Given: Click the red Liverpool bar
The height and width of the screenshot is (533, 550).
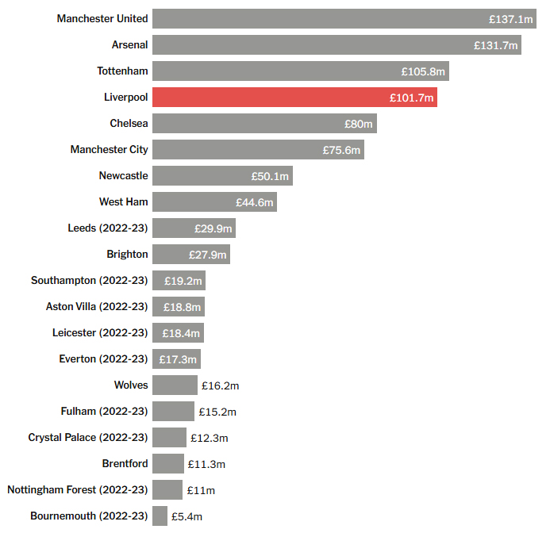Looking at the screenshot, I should coord(294,98).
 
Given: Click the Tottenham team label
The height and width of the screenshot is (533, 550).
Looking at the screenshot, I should coord(122,71).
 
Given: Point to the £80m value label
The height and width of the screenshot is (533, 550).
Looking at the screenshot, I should coord(359,124).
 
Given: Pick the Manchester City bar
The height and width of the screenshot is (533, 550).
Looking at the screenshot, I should coord(258,150).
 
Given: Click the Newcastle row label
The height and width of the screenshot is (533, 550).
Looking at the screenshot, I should coord(123,175).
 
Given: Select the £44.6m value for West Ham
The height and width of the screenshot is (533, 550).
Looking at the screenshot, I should coord(255,202).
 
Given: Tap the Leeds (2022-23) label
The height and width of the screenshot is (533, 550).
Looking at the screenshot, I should coord(108,228).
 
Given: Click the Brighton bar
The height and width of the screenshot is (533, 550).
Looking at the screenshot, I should coord(190,255).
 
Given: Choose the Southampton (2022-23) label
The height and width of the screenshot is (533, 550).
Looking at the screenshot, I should coord(89,281).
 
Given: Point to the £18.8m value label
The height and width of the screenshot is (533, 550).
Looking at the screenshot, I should coord(183,307).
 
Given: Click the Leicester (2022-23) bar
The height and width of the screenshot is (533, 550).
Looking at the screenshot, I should coord(178,333).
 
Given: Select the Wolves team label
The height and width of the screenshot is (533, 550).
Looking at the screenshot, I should coord(131,385).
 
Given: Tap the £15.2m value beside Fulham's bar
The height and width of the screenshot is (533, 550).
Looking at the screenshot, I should coord(218,412).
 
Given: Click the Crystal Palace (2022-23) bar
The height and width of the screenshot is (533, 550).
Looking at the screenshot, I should coord(169,438).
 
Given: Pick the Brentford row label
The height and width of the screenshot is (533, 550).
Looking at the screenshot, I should coord(125,464).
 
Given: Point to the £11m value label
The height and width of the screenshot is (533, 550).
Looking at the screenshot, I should coord(201,490).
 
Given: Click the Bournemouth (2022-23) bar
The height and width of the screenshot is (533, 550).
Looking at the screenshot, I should coord(160,516).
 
